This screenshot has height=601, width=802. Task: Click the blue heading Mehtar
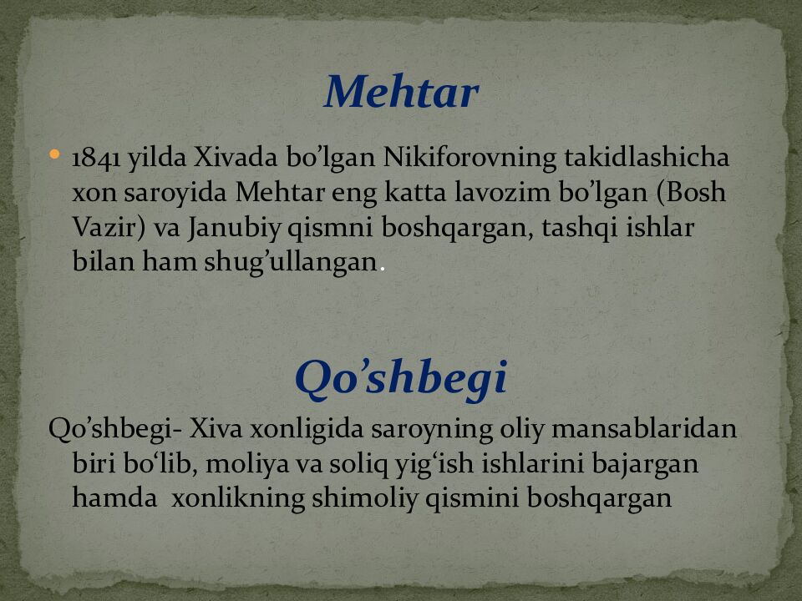401,92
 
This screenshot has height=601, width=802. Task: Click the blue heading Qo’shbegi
401,379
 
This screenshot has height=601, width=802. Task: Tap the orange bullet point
55,154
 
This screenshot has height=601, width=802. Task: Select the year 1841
96,158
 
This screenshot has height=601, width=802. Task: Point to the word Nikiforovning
470,159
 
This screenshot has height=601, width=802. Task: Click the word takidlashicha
647,158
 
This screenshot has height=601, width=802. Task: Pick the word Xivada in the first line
236,158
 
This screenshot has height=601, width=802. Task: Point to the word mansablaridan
644,429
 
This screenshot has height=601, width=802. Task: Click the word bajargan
645,465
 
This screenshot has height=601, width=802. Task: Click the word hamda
114,497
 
